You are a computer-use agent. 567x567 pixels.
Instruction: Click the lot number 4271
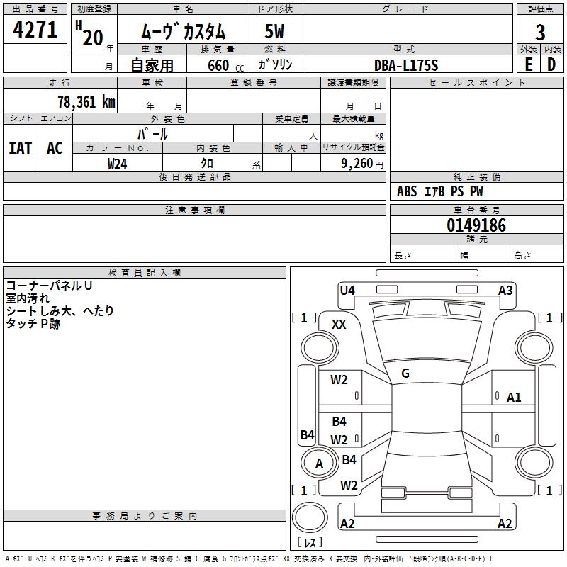[x=35, y=30]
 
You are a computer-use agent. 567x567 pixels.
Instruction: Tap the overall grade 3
[x=540, y=32]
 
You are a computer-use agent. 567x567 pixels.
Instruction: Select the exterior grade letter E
[x=529, y=64]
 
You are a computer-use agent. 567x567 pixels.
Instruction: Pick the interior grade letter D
[x=551, y=64]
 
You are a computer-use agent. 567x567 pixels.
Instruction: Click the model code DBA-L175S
[x=406, y=65]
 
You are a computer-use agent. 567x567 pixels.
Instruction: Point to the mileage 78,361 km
[x=86, y=101]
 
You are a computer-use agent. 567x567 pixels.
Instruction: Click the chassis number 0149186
[x=476, y=225]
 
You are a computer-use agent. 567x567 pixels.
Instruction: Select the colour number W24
[x=117, y=164]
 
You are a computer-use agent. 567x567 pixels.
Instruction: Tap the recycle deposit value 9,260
[x=357, y=164]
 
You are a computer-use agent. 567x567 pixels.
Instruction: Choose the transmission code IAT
[x=21, y=148]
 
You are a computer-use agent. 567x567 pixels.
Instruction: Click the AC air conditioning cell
[x=55, y=148]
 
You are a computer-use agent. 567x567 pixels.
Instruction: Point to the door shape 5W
[x=274, y=31]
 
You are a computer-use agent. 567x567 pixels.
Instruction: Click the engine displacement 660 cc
[x=225, y=66]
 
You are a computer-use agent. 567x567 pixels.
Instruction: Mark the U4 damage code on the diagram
[x=347, y=290]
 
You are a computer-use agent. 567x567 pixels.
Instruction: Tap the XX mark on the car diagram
[x=339, y=325]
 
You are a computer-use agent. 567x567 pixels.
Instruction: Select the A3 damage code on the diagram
[x=505, y=290]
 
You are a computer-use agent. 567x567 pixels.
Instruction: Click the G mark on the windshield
[x=405, y=374]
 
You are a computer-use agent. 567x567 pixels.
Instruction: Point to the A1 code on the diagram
[x=514, y=398]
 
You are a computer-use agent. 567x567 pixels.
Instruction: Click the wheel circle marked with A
[x=319, y=463]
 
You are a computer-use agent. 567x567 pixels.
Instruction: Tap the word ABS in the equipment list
[x=407, y=191]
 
